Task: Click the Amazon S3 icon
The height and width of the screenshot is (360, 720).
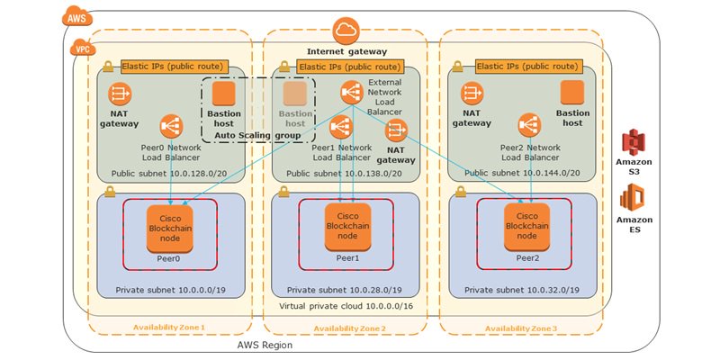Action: pyautogui.click(x=636, y=142)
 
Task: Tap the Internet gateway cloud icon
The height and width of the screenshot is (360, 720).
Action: pyautogui.click(x=346, y=30)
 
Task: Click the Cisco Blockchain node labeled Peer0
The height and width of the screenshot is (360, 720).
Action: pyautogui.click(x=170, y=229)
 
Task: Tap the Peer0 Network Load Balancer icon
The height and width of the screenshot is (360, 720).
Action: pyautogui.click(x=170, y=126)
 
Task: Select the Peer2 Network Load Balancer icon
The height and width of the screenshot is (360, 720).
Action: pyautogui.click(x=528, y=126)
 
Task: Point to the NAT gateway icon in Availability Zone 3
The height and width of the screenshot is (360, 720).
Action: pyautogui.click(x=472, y=94)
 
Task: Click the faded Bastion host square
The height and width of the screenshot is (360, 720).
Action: pyautogui.click(x=295, y=94)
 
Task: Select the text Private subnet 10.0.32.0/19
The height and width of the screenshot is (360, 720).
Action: pyautogui.click(x=522, y=291)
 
